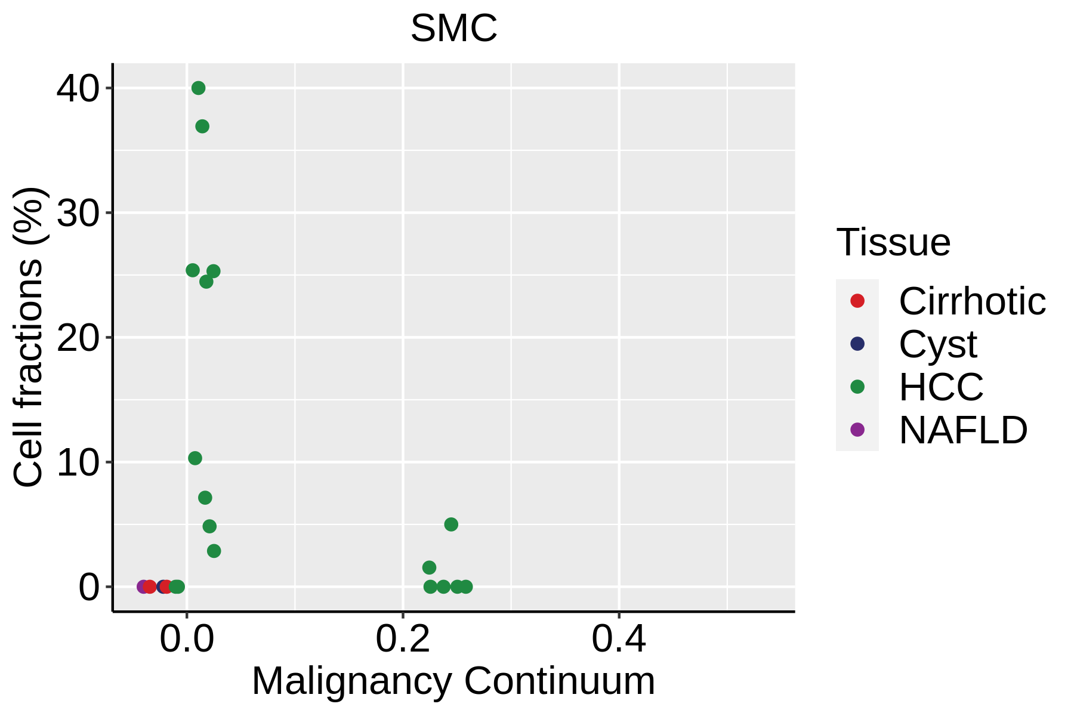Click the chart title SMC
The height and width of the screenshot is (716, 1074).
pos(453,29)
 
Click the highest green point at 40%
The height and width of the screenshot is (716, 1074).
pos(199,88)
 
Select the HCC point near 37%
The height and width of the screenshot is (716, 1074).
pos(202,126)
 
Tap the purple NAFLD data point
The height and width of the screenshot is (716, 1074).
pos(143,587)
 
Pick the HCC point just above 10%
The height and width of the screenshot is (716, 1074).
pos(195,458)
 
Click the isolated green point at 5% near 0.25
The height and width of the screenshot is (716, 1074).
pos(451,524)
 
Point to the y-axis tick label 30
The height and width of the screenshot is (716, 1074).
pos(78,213)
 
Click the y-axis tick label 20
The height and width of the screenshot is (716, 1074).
pos(78,338)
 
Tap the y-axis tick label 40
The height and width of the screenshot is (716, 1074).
pos(78,88)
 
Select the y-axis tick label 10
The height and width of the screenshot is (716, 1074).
pos(78,462)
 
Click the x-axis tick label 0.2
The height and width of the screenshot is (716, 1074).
pos(403,640)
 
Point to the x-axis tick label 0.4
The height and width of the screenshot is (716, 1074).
pos(619,640)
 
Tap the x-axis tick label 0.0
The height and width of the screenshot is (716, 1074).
pos(187,640)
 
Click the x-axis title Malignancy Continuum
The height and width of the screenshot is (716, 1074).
pos(453,681)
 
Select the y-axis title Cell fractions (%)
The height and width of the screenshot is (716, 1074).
pos(29,337)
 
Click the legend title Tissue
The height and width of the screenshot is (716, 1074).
pos(893,242)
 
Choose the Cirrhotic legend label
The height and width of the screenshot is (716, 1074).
pos(972,301)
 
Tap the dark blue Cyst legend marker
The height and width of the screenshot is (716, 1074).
pos(857,344)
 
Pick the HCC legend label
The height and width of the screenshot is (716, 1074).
pos(941,387)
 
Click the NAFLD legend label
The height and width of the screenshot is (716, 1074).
pos(963,430)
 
